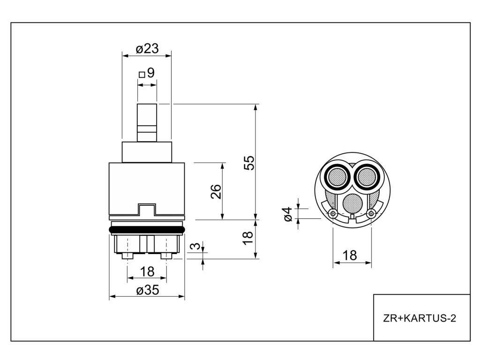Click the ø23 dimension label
tap(147, 48)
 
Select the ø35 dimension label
tap(147, 291)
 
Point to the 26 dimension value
tap(216, 191)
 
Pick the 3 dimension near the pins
tap(197, 246)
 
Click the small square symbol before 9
tap(142, 74)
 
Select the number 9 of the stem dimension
tap(150, 73)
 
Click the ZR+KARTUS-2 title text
tap(420, 318)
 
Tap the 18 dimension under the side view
tap(147, 271)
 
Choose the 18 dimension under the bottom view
tap(350, 255)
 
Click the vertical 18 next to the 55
tap(248, 237)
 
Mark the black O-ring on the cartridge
tap(147, 229)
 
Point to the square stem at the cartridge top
tap(147, 122)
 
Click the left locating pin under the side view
tap(127, 256)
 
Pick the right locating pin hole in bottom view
tap(371, 214)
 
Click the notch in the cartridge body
tap(146, 210)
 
